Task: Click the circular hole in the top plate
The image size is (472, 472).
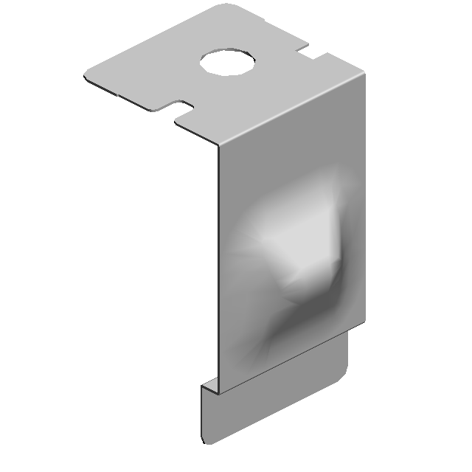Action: pos(228,62)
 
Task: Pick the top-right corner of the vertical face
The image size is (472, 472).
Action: pos(364,72)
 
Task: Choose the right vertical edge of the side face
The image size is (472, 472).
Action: pos(365,199)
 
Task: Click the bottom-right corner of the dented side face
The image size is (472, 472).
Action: pos(365,322)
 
